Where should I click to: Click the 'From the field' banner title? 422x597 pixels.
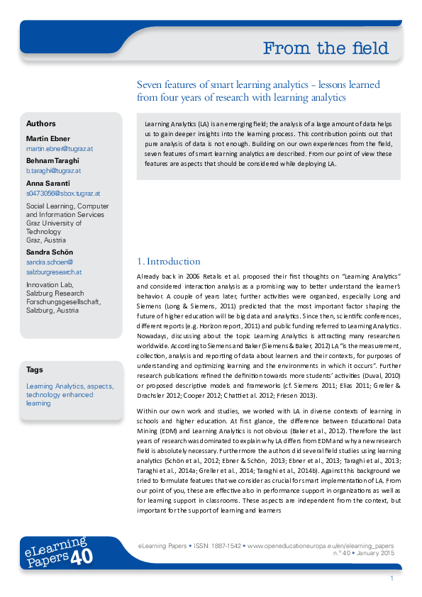[x=326, y=48]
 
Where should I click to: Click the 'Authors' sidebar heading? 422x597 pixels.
[x=40, y=123]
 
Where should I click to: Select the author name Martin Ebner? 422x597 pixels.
[x=49, y=138]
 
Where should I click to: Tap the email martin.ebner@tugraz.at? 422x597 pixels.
[x=60, y=149]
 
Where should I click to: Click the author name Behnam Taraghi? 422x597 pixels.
[x=54, y=160]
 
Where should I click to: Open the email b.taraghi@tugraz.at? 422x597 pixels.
[x=53, y=171]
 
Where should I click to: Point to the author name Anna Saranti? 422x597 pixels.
[x=48, y=182]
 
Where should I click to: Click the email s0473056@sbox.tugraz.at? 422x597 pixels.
[x=62, y=193]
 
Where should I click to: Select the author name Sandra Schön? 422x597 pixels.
[x=50, y=252]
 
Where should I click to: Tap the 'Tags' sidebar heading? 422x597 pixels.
[x=34, y=369]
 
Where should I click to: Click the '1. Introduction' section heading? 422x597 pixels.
[x=168, y=261]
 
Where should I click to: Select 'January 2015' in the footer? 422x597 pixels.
[x=375, y=553]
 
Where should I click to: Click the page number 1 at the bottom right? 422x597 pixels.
[x=391, y=579]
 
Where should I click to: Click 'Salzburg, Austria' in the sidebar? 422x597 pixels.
[x=52, y=311]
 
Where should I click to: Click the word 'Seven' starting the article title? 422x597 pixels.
[x=149, y=84]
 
